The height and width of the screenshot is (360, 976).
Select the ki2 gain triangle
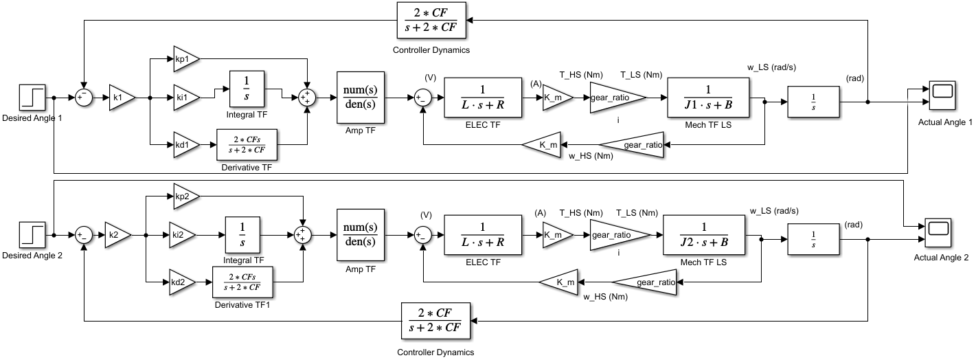click(x=181, y=235)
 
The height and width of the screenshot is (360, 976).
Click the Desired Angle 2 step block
click(x=32, y=235)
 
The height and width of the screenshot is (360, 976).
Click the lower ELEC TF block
click(x=482, y=235)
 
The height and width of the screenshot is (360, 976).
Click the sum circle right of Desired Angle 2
click(x=84, y=235)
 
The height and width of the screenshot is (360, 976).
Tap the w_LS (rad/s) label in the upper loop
click(x=771, y=67)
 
